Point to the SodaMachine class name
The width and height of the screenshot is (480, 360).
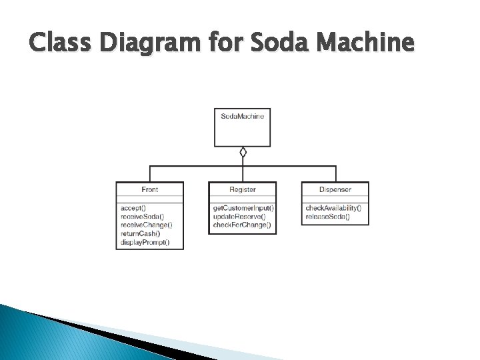click(243, 116)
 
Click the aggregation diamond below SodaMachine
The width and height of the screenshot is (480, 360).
click(243, 152)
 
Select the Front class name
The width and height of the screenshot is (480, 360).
click(149, 190)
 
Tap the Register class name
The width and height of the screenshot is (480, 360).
click(243, 190)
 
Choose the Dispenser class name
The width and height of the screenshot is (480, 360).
click(335, 190)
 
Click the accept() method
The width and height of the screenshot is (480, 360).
click(133, 208)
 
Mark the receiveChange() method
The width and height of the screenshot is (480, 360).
click(147, 225)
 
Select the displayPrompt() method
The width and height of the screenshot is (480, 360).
click(145, 242)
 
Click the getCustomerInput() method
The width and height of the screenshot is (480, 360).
click(243, 208)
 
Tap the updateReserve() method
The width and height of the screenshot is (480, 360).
click(239, 217)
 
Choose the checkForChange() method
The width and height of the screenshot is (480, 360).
click(242, 225)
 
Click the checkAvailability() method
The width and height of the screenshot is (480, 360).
click(333, 208)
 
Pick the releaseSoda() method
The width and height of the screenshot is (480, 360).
click(327, 217)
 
